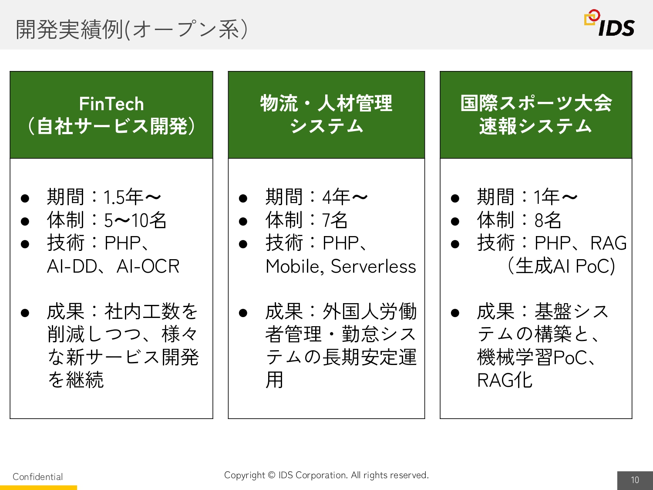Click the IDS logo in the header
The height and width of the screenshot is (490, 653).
tap(609, 23)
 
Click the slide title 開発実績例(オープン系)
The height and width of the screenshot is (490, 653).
tap(132, 30)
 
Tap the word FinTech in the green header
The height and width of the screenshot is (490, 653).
tap(111, 104)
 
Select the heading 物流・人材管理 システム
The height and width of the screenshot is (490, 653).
tap(326, 115)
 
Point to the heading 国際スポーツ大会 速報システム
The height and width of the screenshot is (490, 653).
tap(536, 115)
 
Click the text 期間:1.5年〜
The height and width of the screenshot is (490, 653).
tap(104, 197)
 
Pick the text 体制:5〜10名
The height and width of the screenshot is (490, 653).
tap(107, 220)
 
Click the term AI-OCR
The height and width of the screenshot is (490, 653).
tap(148, 266)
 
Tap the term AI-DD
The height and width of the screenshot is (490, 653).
tap(72, 266)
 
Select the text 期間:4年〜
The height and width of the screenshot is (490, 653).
tap(317, 197)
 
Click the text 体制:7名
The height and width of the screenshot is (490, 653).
tap(306, 220)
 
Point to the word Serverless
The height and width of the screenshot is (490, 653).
tap(374, 266)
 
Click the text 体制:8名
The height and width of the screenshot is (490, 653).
tap(519, 220)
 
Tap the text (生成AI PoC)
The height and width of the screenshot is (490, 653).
tap(561, 266)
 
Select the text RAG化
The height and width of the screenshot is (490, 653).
tap(505, 380)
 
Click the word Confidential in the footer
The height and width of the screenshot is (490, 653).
tap(38, 477)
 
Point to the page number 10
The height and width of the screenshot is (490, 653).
tap(635, 480)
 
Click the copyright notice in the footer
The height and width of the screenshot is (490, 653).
tap(326, 475)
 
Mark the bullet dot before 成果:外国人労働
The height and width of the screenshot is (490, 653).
tap(243, 313)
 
